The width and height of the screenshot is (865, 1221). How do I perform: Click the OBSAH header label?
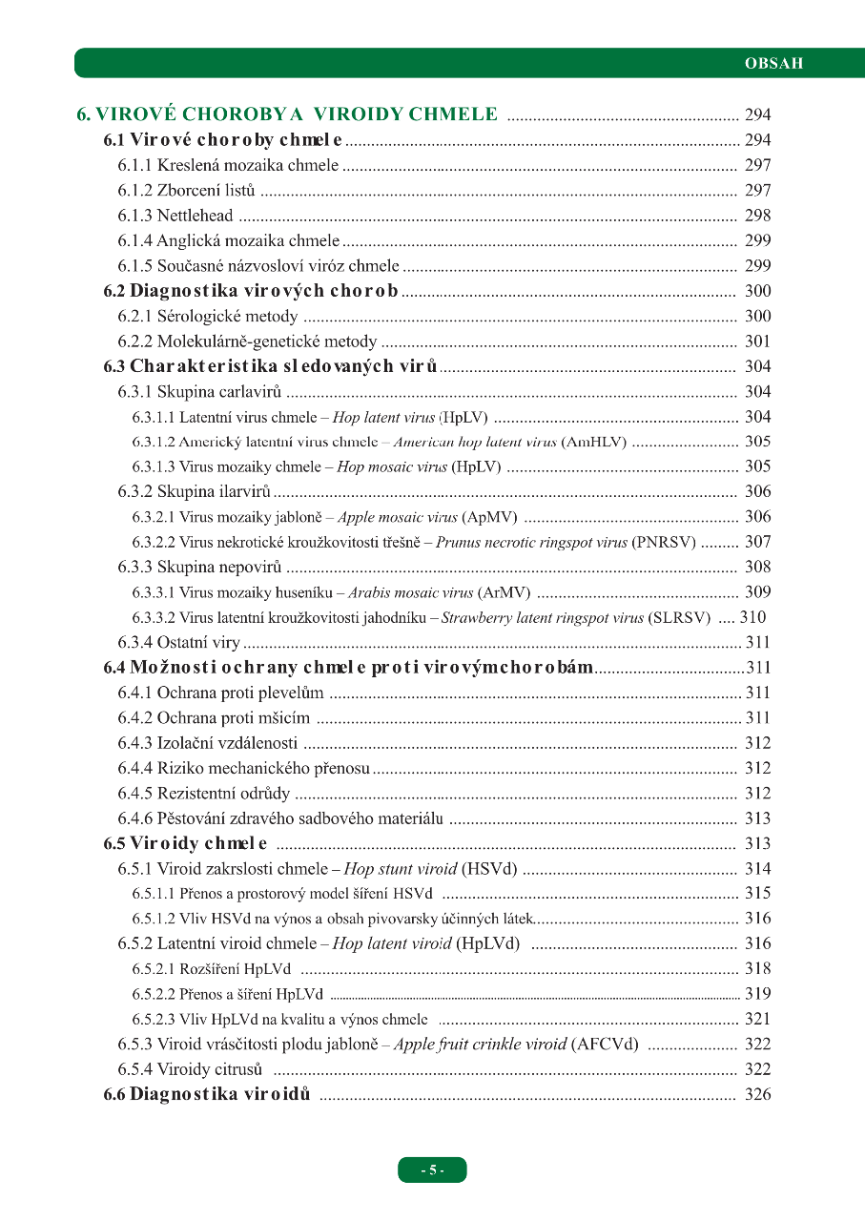coord(773,64)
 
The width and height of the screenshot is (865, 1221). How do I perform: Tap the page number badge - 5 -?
coord(432,1169)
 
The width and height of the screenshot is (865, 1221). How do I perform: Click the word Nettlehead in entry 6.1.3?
coord(195,216)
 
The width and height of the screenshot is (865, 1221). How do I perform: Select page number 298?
coord(757,216)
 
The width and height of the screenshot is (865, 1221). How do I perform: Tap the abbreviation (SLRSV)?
coord(679,617)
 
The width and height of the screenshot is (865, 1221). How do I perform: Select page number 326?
coord(757,1094)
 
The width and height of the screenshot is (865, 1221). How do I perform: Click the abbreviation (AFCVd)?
coord(605,1044)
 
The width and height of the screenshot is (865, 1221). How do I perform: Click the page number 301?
coord(757,341)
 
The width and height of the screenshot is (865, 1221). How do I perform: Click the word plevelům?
coord(294,693)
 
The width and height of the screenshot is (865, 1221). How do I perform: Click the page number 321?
coord(757,1019)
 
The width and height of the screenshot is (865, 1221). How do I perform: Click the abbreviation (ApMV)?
coord(490,517)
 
